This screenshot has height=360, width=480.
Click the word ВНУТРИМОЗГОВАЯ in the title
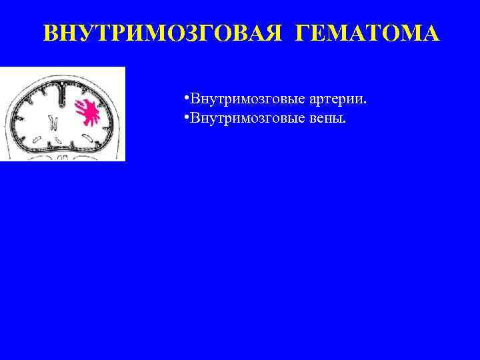(x=159, y=35)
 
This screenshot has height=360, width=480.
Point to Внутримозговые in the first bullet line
(x=248, y=99)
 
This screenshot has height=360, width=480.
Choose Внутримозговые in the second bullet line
(x=248, y=118)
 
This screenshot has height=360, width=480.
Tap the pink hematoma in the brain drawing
(x=88, y=112)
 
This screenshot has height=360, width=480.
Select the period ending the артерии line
(x=366, y=103)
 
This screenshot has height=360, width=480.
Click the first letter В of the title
(x=50, y=35)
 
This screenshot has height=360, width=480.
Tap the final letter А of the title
(x=431, y=35)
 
